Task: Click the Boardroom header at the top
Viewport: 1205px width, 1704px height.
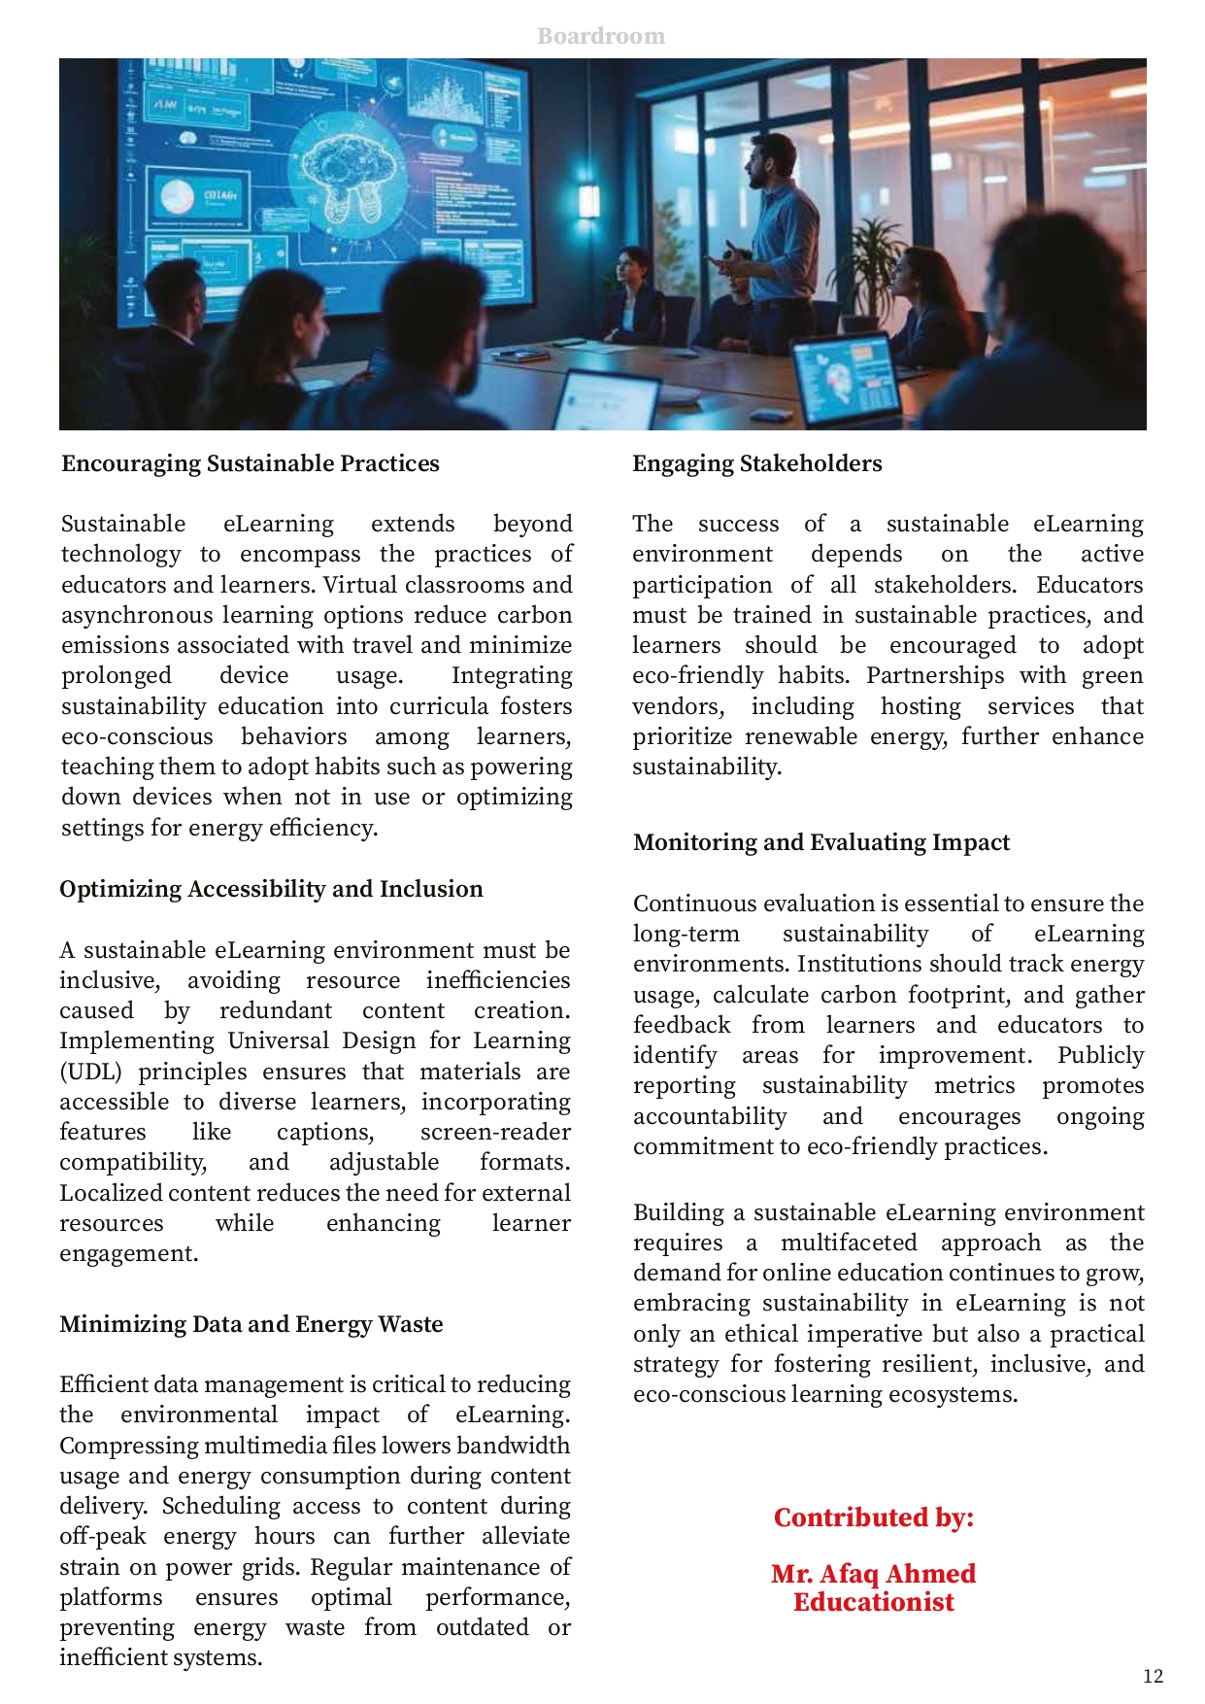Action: pos(601,36)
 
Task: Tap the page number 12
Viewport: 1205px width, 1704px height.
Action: pos(1153,1675)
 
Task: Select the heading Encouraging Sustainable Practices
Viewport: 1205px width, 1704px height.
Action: pos(251,463)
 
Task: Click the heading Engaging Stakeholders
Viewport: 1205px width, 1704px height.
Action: pos(757,463)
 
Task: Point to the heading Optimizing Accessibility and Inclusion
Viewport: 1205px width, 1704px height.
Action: pos(271,889)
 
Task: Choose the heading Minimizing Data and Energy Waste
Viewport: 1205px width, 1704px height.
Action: pos(251,1324)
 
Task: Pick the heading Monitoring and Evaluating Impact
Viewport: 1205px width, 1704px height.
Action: pos(821,842)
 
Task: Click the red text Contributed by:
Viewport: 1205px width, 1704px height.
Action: pos(874,1517)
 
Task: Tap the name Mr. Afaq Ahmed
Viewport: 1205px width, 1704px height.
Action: pos(874,1573)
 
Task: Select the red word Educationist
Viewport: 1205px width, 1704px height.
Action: pos(874,1602)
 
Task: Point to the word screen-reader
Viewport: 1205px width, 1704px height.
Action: pos(495,1132)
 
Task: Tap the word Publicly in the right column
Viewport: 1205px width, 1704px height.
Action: pos(1100,1055)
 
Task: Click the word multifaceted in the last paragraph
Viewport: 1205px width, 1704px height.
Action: pos(849,1243)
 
